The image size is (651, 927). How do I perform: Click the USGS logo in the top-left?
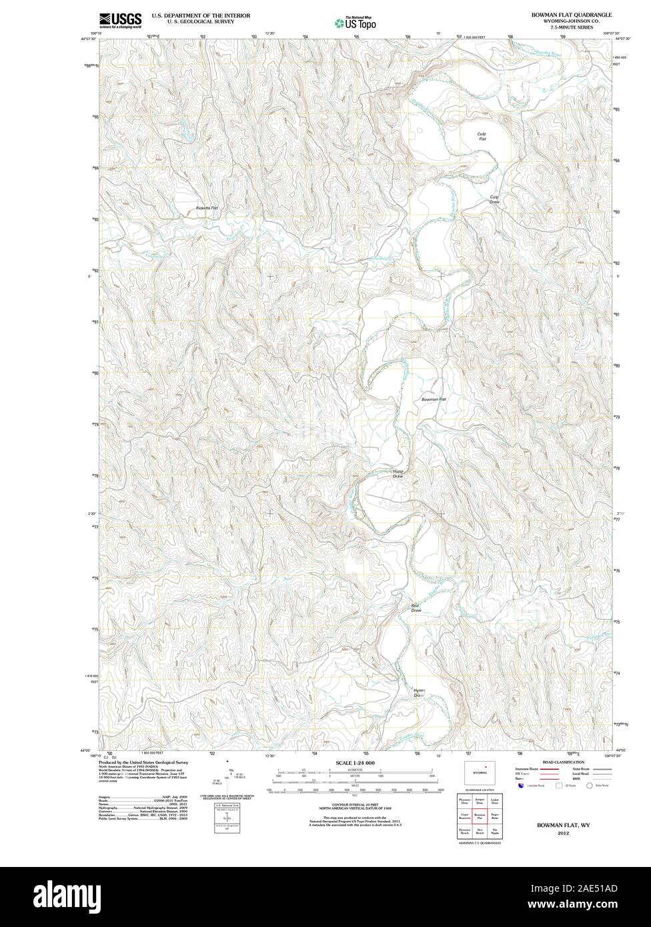tap(121, 20)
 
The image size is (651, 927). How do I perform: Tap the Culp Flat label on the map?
tap(482, 137)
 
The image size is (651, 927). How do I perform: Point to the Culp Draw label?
tap(494, 199)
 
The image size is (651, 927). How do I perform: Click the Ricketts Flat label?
tap(207, 208)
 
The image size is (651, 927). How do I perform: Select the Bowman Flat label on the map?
tap(433, 399)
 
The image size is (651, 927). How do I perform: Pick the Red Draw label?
tap(416, 608)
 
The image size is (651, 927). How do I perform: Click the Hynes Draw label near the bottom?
tap(418, 693)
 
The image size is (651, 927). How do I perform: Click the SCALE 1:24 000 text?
tap(355, 762)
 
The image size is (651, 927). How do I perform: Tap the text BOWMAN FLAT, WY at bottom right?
tap(557, 825)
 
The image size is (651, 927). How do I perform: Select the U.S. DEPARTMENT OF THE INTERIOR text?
tap(201, 15)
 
